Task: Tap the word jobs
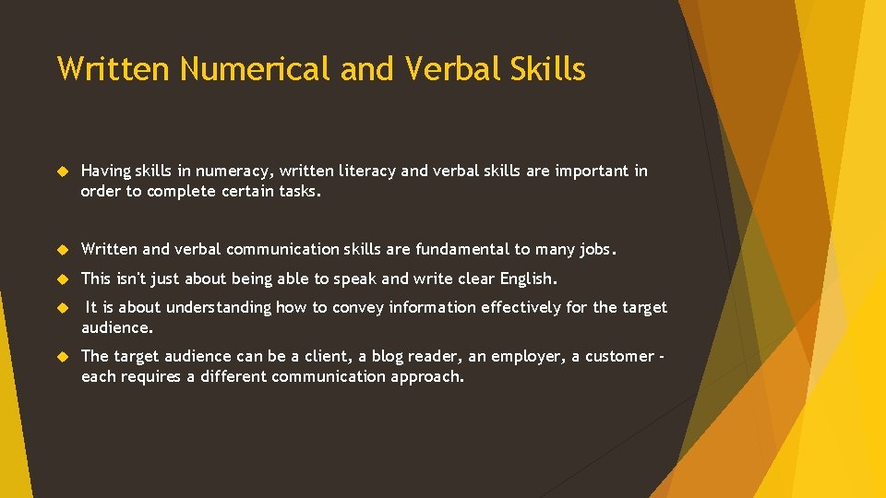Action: (x=597, y=250)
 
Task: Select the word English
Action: (x=528, y=279)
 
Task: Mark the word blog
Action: (x=387, y=357)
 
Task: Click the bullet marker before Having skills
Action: (x=64, y=172)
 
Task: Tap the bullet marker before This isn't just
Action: (x=64, y=279)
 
